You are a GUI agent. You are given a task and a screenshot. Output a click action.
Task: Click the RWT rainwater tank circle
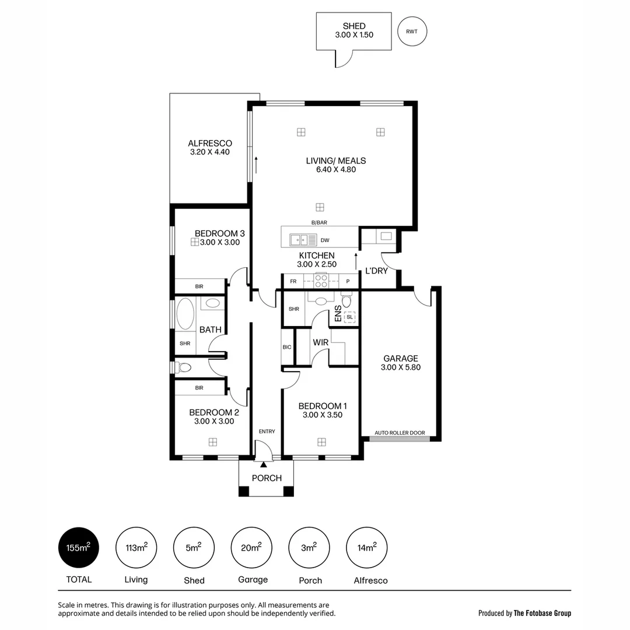pos(412,32)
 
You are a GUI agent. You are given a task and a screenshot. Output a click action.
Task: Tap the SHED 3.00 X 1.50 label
pos(354,30)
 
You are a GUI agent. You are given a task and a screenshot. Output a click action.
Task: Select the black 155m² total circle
pos(79,548)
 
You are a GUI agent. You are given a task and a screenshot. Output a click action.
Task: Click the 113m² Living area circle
pos(136,548)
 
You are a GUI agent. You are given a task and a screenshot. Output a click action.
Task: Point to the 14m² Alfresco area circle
pos(367,548)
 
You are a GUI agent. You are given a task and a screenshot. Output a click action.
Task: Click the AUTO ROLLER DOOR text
pos(400,433)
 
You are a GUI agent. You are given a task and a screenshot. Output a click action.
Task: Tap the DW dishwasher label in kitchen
pos(324,240)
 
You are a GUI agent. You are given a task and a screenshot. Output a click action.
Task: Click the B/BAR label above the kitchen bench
pos(319,222)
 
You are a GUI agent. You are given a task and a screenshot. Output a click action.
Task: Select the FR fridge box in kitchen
pos(293,281)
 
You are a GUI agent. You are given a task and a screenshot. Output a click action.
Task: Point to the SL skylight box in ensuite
pos(349,317)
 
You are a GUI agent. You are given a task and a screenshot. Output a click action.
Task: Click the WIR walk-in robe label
pos(321,342)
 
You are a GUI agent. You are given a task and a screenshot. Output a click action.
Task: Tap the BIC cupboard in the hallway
pos(287,347)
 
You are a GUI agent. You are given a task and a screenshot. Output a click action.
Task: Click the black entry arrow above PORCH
pos(264,464)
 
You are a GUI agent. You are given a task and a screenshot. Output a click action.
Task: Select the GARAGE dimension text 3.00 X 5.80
pos(400,367)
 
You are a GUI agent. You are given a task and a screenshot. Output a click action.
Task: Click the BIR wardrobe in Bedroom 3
pos(199,286)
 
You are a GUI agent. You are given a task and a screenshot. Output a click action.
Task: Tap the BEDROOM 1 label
pos(323,406)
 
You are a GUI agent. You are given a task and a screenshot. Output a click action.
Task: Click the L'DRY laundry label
pos(376,271)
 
